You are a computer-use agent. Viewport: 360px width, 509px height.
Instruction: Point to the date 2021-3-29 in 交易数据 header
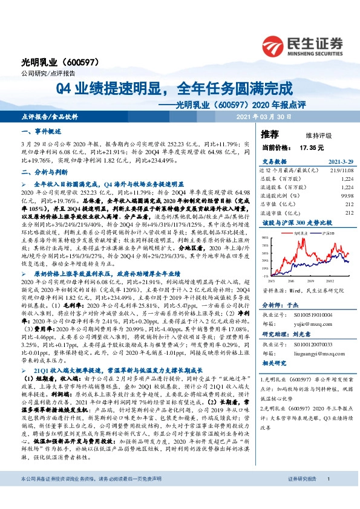click(324, 161)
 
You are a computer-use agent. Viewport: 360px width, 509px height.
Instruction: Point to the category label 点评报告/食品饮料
click(49, 116)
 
